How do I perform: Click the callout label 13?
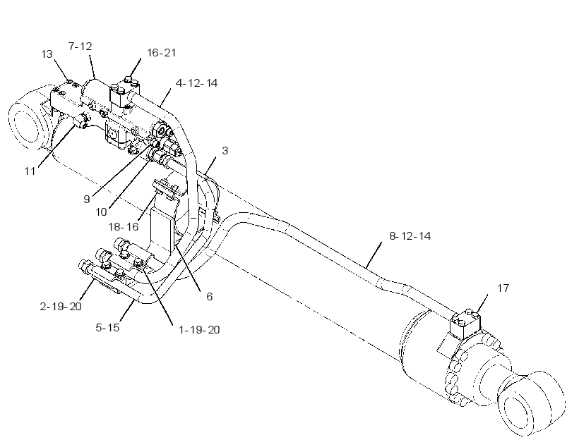point(47,54)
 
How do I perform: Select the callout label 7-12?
point(80,46)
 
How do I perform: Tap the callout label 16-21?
point(162,53)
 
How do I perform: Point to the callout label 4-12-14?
point(196,83)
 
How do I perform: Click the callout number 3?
point(225,150)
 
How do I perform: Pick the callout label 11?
point(30,171)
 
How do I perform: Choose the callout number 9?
point(87,199)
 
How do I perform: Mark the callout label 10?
point(101,212)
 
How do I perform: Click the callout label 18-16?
point(124,226)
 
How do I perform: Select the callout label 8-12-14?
point(410,235)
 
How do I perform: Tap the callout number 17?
point(503,288)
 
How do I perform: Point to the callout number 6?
point(210,296)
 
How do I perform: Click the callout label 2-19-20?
point(61,307)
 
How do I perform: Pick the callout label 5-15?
point(107,328)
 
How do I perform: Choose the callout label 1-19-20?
point(199,330)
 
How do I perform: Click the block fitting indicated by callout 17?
point(465,324)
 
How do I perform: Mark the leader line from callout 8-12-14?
point(374,255)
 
